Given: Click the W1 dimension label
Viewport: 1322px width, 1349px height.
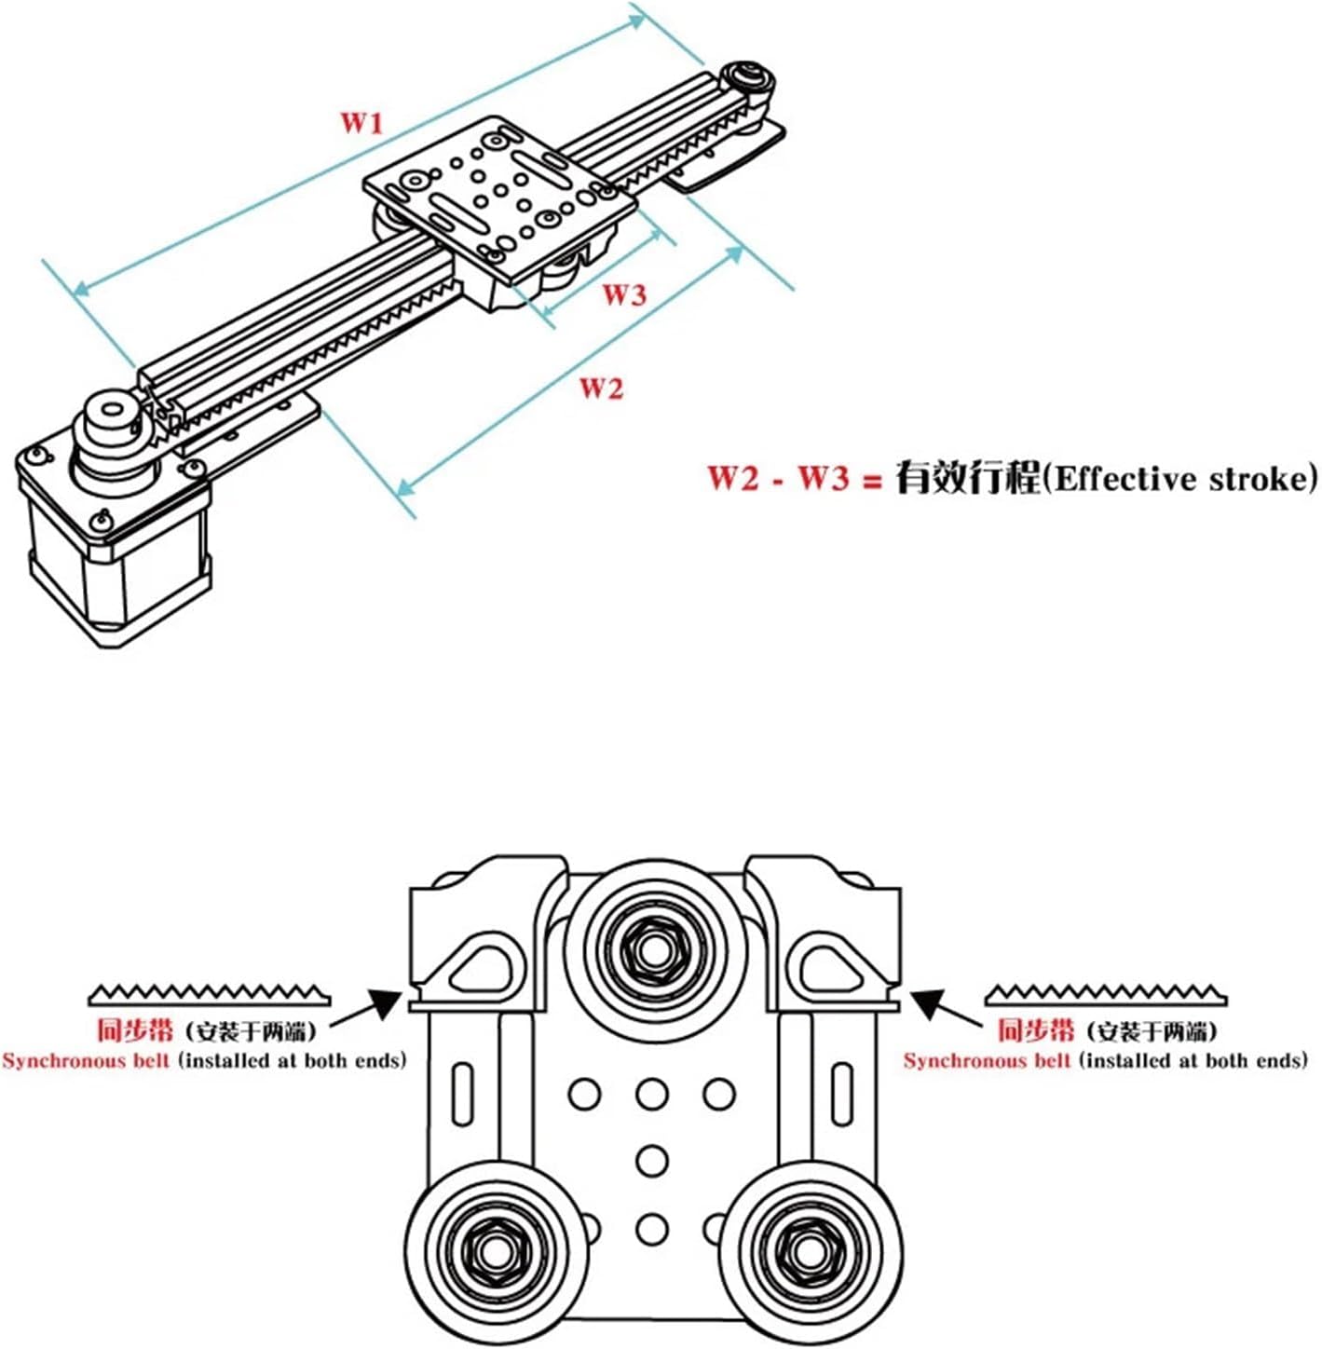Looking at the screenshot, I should (x=361, y=122).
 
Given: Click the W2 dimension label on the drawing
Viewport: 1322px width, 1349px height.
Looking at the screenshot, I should (x=601, y=388).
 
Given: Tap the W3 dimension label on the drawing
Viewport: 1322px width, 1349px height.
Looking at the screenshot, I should (x=623, y=295).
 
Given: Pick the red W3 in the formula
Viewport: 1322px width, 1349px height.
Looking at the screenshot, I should (x=824, y=478).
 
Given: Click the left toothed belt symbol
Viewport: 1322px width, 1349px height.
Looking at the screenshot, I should (x=210, y=994).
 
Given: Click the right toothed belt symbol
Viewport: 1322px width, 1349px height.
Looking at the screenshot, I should (x=1106, y=994).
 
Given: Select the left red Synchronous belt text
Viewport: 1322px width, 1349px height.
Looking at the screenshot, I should (x=87, y=1061).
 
